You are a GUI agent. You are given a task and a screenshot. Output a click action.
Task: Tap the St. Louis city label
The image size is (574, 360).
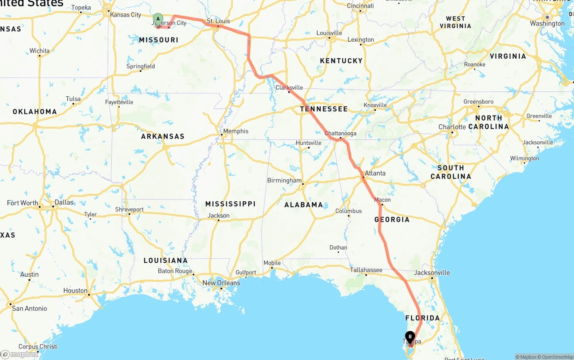[218, 21]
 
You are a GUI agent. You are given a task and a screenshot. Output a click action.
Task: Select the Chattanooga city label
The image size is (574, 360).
[340, 133]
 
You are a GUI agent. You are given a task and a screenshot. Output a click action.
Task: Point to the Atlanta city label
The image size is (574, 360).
[375, 173]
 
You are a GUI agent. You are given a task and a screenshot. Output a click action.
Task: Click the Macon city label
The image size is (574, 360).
[383, 200]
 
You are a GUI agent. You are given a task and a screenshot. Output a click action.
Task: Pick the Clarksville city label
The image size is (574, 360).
[289, 87]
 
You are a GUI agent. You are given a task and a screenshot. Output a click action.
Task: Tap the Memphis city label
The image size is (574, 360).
[236, 131]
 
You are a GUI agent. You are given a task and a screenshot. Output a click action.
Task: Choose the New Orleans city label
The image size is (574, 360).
[221, 283]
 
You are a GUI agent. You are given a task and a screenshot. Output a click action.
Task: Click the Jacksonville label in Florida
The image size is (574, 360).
[432, 273]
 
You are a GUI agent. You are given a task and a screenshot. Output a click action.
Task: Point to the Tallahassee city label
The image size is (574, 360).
[366, 270]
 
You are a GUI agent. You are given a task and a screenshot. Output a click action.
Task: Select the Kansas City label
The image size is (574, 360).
[126, 15]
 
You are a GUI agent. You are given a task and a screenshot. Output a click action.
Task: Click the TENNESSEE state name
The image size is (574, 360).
[324, 109]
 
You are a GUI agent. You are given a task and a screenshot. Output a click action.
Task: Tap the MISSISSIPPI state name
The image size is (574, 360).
[230, 204]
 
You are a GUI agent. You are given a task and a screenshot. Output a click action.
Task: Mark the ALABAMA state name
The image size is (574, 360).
[304, 205]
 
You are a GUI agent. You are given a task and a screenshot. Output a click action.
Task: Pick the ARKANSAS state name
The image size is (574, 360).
[163, 136]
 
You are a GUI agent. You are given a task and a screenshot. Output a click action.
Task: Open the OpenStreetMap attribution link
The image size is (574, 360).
[555, 357]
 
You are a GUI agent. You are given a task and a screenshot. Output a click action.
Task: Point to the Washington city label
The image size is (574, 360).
[547, 23]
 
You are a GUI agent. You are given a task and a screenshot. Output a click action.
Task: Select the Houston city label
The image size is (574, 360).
[75, 291]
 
